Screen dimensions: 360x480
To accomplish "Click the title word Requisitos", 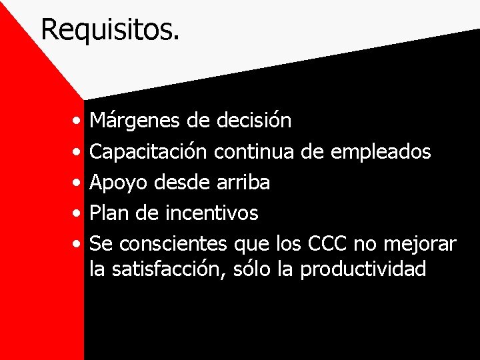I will (110, 30).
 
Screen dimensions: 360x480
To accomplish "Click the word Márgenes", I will (127, 121).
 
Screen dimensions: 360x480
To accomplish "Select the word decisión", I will (254, 121).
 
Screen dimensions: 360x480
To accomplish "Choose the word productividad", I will (363, 269).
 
